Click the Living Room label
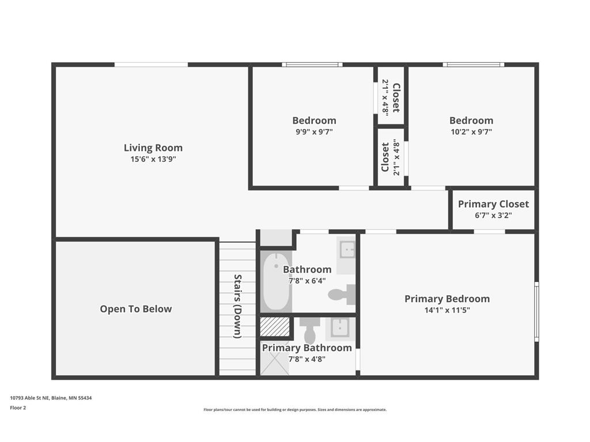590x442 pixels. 153,148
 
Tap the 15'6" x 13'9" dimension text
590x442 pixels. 153,159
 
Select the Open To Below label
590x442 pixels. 136,309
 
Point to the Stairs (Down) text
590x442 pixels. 238,306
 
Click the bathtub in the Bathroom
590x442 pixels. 276,281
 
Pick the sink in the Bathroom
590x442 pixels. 346,249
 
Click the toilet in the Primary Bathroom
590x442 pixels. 310,330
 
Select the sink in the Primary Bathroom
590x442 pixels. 342,328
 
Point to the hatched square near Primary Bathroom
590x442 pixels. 275,327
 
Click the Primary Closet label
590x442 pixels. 493,204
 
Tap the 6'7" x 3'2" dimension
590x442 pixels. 493,215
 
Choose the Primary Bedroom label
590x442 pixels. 447,299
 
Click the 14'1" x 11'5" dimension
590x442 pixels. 447,310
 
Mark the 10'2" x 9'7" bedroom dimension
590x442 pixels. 471,132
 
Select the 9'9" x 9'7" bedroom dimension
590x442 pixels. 314,132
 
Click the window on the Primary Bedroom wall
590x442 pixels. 536,311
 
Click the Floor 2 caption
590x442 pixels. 18,408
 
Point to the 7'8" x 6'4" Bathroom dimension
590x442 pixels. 307,281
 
